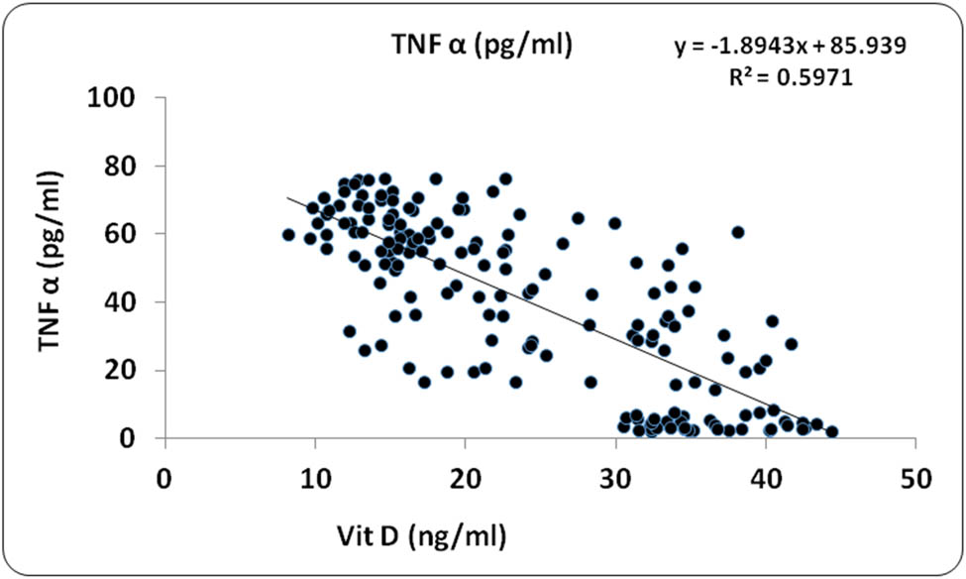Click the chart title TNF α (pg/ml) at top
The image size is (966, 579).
[480, 45]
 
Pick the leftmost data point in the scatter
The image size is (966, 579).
[288, 235]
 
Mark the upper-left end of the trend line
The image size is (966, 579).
[288, 198]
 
